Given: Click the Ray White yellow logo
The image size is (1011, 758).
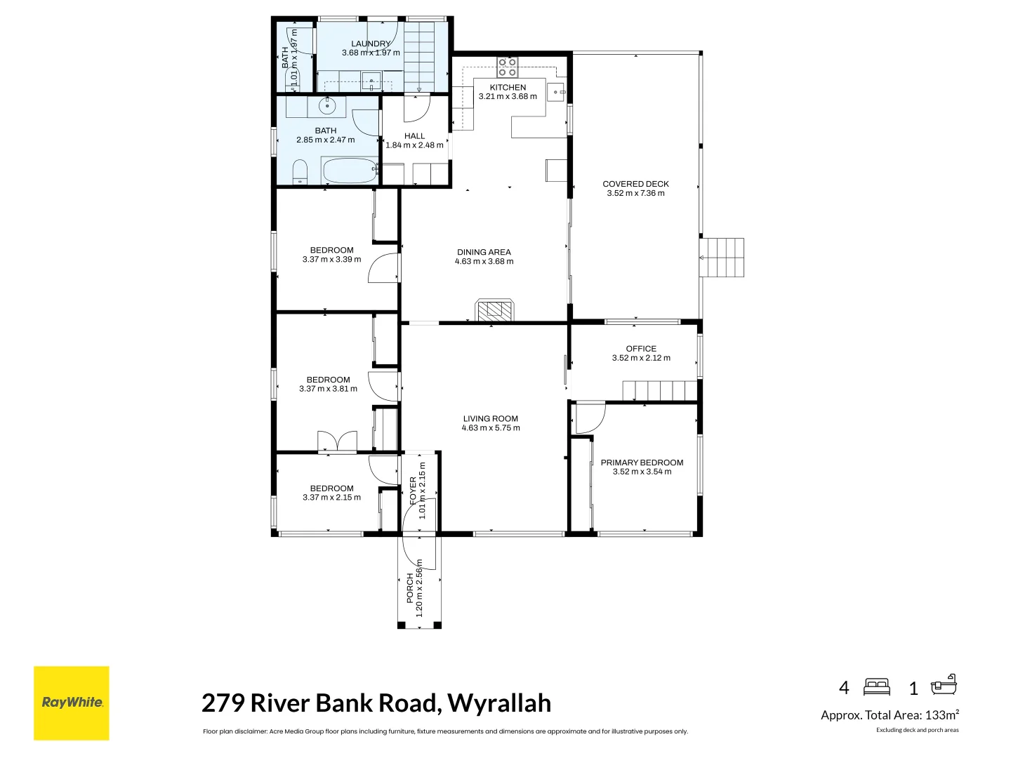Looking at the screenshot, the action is coord(72,703).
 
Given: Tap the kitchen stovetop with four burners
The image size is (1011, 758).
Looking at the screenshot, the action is coord(507,67).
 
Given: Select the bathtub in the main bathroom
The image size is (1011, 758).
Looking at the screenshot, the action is coord(349,171).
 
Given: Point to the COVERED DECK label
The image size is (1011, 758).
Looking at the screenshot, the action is coord(635,184).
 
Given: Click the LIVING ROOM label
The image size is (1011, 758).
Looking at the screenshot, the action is coord(491,419).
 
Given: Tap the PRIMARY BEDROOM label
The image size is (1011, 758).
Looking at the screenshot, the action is coord(642,463).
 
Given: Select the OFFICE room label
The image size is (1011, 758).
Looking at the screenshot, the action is coord(641,349).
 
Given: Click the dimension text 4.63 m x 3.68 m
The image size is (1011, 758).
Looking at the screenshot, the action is coord(484,261).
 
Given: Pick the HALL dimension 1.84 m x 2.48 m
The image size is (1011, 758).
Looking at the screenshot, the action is coord(414,145).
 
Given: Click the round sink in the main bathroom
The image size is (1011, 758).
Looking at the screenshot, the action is coord(327,106).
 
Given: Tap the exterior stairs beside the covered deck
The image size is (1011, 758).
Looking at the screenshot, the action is coord(722,258).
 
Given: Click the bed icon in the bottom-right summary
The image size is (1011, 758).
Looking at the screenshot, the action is coord(877,687).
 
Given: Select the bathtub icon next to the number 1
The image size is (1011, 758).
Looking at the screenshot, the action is coord(944,685).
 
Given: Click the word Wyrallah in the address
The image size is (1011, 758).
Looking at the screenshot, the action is coord(499,703).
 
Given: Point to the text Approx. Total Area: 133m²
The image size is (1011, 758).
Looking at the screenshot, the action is coord(890,714).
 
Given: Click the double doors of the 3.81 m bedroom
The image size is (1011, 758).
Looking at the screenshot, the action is coord(337,441).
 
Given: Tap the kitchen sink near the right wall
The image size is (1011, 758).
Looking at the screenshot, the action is coord(556,92).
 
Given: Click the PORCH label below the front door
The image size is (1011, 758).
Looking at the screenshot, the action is coord(411,588).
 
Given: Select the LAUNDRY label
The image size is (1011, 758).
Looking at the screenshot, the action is coord(371,44).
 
